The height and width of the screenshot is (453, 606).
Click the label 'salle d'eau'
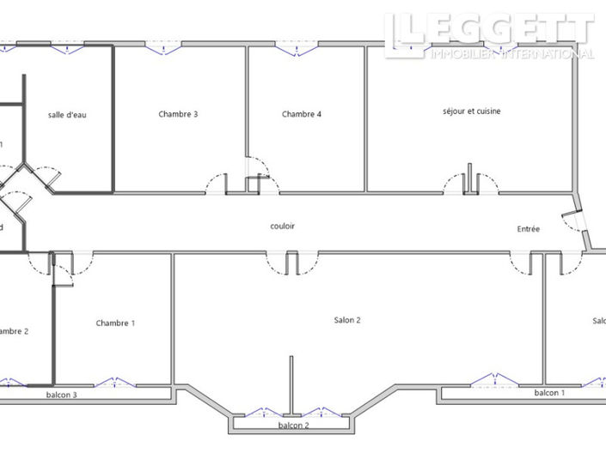(x=66, y=115)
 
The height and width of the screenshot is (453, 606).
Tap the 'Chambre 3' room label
(x=179, y=114)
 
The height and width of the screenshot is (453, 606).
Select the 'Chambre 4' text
(x=302, y=114)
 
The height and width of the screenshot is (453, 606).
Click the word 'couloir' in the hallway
(x=283, y=226)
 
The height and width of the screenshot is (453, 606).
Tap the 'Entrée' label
(x=529, y=229)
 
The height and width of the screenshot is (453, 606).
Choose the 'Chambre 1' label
(x=115, y=323)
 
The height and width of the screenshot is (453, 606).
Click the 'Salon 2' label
(x=347, y=320)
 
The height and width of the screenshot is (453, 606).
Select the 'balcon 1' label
(x=550, y=393)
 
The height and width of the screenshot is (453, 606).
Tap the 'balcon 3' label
(x=62, y=396)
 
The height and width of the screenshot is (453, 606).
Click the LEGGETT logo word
(x=490, y=30)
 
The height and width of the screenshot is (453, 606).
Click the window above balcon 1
(x=495, y=380)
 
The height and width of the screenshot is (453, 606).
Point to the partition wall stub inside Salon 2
(x=292, y=386)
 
